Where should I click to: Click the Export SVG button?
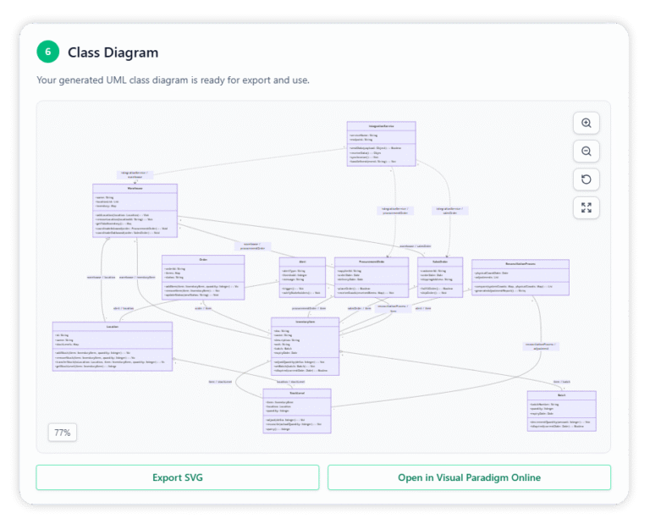click(177, 477)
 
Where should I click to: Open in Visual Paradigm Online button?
click(469, 477)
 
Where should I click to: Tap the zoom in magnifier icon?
click(586, 124)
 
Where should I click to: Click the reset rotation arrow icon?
click(586, 179)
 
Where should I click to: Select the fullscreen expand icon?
click(586, 207)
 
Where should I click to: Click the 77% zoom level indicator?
click(63, 433)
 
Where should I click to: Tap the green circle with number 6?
click(48, 52)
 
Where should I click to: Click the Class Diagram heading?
click(113, 52)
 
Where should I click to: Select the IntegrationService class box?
click(381, 144)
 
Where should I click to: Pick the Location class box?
click(112, 346)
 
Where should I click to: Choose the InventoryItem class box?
click(305, 346)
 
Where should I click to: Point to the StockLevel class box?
click(296, 411)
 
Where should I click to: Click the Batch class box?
click(561, 411)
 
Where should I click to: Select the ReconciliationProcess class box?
click(520, 277)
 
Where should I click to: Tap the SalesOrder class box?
click(439, 278)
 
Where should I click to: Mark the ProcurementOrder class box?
click(372, 278)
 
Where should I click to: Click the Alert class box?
click(302, 278)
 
